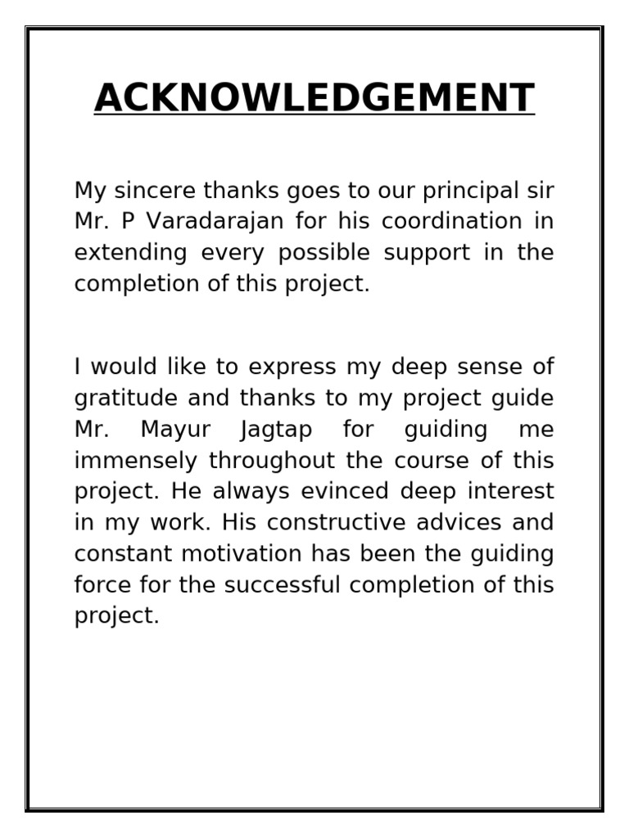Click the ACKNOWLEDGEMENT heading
tap(314, 98)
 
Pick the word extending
tap(130, 253)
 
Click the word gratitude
tap(124, 399)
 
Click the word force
tap(102, 585)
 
